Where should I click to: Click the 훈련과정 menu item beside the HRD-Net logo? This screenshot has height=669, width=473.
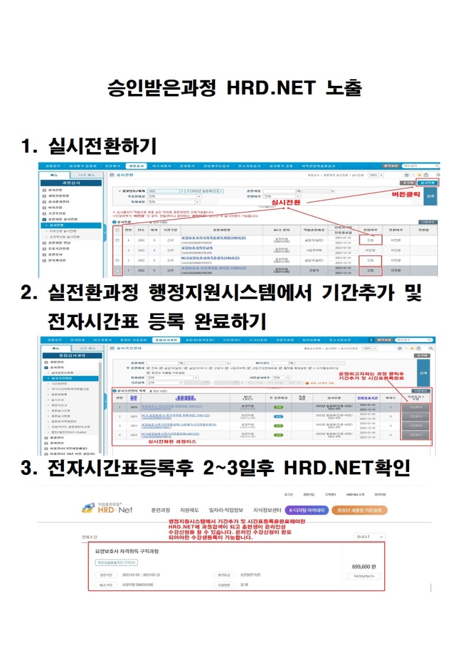tap(160, 510)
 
